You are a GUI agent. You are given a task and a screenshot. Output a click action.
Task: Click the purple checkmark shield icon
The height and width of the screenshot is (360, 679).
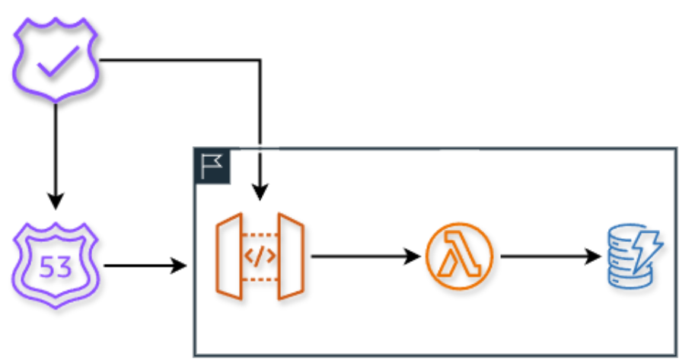(56, 61)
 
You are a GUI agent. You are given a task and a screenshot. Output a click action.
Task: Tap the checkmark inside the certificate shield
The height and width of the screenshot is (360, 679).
(55, 60)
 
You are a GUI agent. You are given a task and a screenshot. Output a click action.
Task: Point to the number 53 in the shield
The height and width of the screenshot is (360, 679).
(55, 266)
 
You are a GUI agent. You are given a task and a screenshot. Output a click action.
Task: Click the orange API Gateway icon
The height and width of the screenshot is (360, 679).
(260, 256)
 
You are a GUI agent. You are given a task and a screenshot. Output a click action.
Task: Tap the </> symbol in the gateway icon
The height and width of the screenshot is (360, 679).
(260, 256)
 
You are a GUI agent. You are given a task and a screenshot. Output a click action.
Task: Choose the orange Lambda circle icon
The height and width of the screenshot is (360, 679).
(460, 257)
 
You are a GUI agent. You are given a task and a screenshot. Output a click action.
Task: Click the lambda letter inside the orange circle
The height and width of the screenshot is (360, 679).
(460, 257)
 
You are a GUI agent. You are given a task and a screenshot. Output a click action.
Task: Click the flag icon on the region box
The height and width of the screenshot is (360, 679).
(212, 166)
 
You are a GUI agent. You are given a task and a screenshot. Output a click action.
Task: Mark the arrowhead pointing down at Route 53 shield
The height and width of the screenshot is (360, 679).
(55, 202)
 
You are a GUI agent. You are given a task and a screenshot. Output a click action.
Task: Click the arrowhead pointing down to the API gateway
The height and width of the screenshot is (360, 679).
(260, 193)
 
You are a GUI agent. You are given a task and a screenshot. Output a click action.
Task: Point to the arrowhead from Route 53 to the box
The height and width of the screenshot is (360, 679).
(180, 266)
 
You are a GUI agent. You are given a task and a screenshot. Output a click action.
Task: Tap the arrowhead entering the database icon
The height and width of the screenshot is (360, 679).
(595, 256)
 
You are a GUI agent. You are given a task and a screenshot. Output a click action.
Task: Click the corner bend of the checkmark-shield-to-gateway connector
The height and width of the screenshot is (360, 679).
(260, 60)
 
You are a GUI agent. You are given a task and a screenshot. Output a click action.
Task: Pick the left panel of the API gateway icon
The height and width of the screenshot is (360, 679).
(228, 256)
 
